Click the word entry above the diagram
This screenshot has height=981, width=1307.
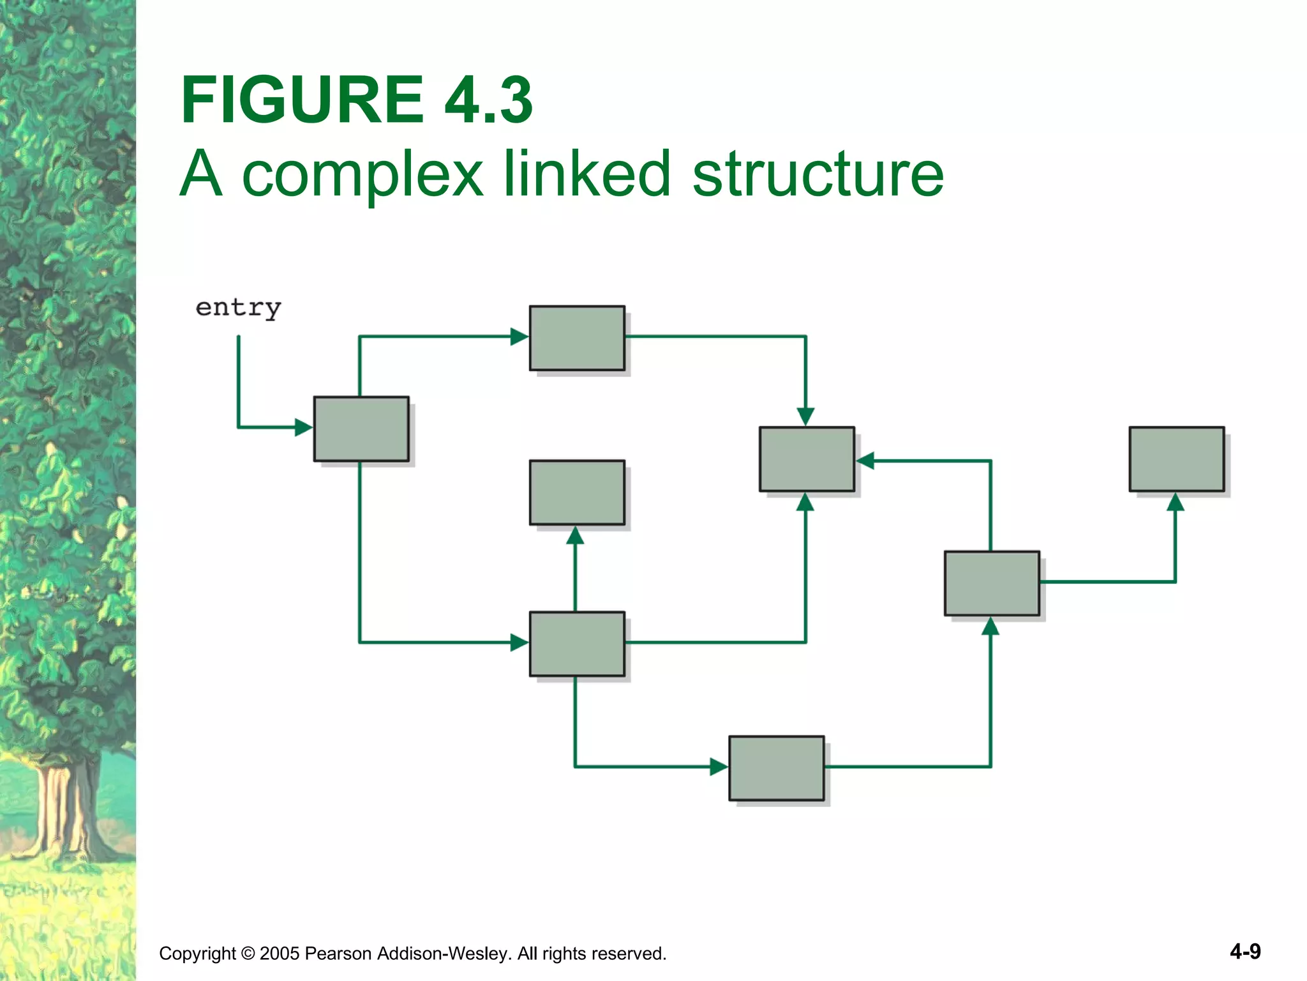click(x=238, y=308)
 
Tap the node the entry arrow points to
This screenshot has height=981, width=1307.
click(x=361, y=429)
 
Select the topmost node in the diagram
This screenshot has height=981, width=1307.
click(x=577, y=338)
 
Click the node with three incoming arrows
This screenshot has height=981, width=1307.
click(x=807, y=459)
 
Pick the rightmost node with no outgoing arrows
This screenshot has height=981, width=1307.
click(x=1176, y=459)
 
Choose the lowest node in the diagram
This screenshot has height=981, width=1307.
click(x=776, y=768)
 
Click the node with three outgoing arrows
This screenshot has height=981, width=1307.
click(x=577, y=644)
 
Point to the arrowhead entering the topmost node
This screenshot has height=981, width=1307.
click(x=519, y=337)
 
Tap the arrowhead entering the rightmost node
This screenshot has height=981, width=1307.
click(x=1176, y=502)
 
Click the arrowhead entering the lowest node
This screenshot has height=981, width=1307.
click(x=719, y=766)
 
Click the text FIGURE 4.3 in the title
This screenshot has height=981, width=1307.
click(x=357, y=100)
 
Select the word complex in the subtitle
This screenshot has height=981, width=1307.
click(x=362, y=174)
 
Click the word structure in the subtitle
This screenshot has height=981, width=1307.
click(x=818, y=174)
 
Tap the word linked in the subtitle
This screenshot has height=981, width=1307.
click(x=587, y=174)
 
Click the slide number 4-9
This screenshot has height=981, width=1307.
click(x=1245, y=952)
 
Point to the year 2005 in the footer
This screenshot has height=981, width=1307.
click(x=280, y=954)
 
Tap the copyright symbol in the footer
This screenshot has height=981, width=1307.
click(x=248, y=954)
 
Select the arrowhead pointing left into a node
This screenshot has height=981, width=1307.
click(x=865, y=460)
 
